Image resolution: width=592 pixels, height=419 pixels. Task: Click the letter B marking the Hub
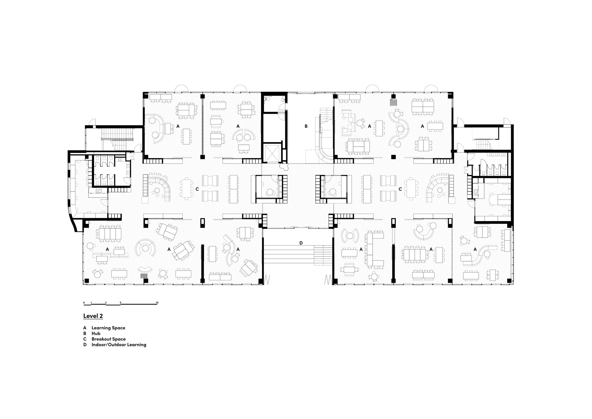click(x=306, y=126)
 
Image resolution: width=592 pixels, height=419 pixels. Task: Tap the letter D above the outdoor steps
click(x=301, y=243)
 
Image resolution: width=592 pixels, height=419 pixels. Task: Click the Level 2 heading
click(x=93, y=316)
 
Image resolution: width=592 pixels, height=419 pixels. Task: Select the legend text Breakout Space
click(x=108, y=339)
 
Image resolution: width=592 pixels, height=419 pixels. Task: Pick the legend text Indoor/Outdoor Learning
click(x=119, y=345)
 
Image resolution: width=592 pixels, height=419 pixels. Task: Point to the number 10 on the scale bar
click(x=157, y=303)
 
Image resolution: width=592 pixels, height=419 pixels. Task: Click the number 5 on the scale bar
click(x=120, y=303)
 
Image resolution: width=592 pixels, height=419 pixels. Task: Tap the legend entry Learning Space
click(x=108, y=328)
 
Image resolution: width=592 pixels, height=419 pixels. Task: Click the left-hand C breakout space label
click(x=197, y=189)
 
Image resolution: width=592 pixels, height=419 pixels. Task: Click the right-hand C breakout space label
click(x=400, y=189)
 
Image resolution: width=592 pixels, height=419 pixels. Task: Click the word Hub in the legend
click(x=96, y=333)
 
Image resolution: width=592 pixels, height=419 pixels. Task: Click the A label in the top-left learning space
click(x=178, y=126)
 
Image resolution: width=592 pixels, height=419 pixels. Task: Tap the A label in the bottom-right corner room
click(x=475, y=249)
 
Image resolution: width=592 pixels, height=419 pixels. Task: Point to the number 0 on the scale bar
click(x=84, y=303)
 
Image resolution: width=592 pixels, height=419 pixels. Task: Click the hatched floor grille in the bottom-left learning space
click(x=144, y=276)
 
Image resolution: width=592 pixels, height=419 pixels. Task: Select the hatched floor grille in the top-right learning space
click(x=393, y=102)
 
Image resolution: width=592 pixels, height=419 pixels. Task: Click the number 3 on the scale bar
click(x=106, y=303)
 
